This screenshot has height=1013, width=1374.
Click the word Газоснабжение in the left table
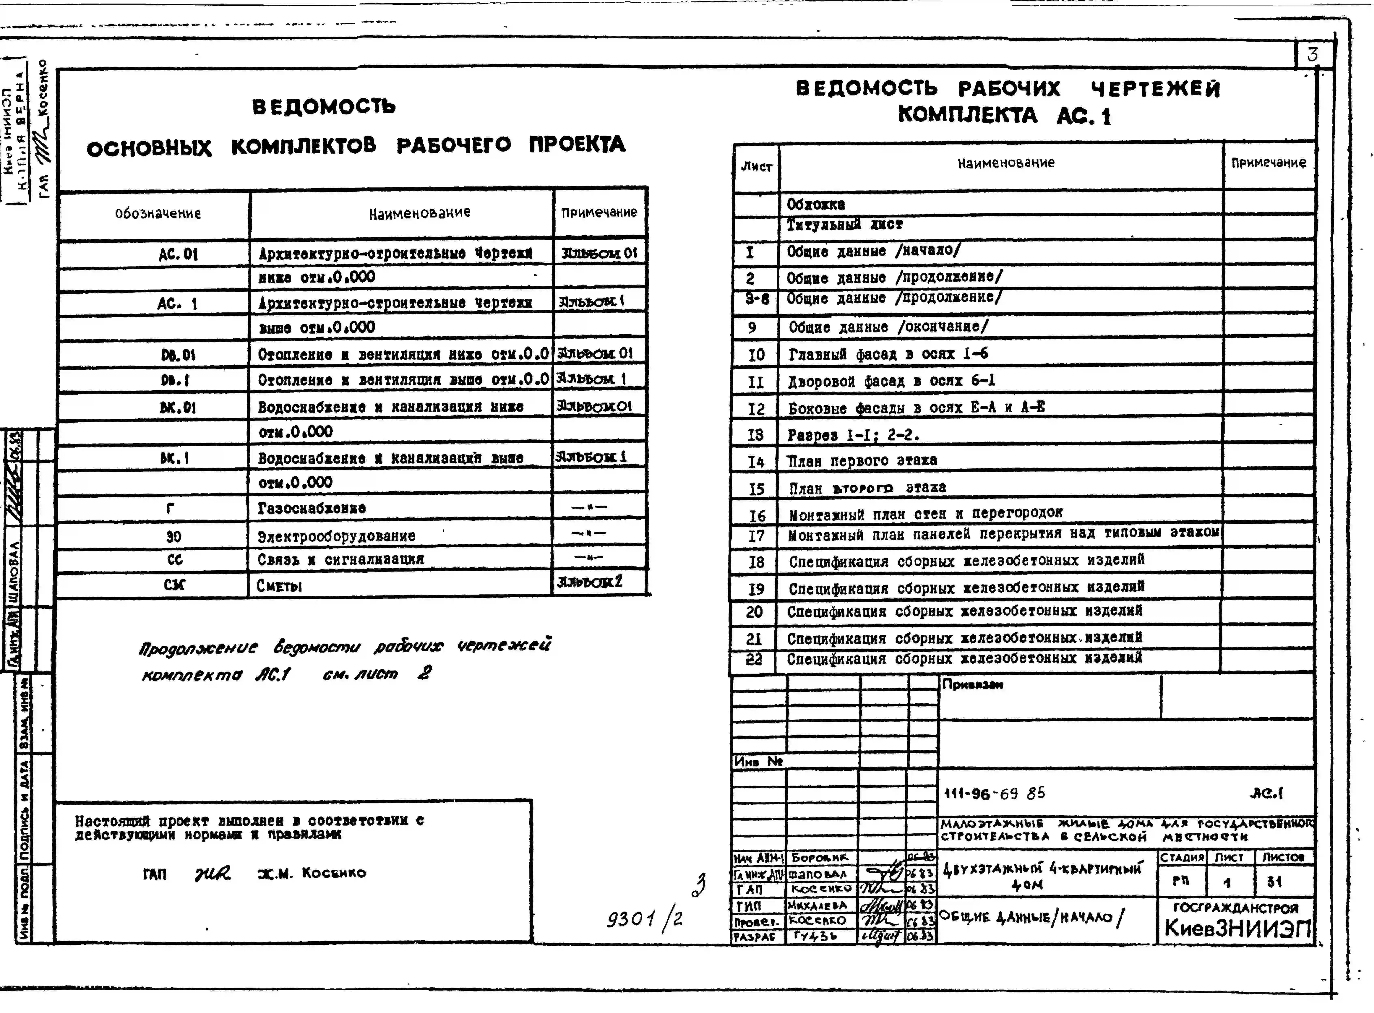pyautogui.click(x=311, y=508)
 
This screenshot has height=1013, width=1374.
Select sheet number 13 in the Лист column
pyautogui.click(x=755, y=435)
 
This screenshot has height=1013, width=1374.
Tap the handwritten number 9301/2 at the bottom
pyautogui.click(x=644, y=919)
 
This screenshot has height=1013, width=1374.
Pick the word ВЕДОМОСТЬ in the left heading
pyautogui.click(x=324, y=107)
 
